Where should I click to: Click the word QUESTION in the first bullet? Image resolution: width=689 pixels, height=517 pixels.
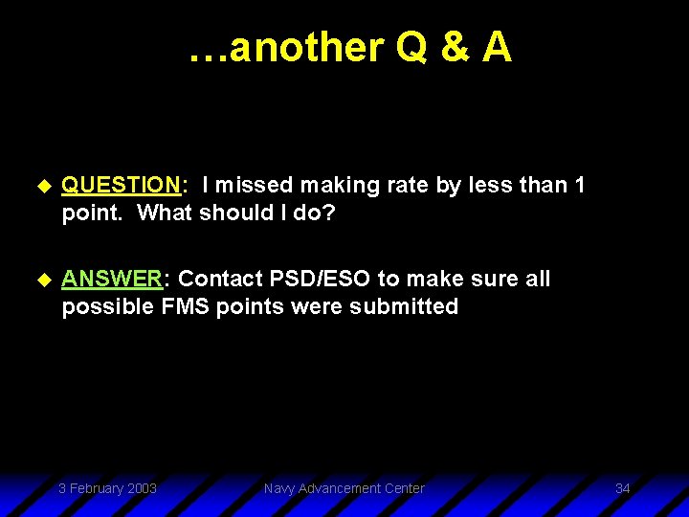pyautogui.click(x=121, y=186)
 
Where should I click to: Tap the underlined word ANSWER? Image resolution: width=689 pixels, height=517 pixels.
pyautogui.click(x=112, y=279)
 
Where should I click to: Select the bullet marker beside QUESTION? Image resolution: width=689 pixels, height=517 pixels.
pyautogui.click(x=40, y=186)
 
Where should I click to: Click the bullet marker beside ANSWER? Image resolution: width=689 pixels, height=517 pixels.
pyautogui.click(x=40, y=279)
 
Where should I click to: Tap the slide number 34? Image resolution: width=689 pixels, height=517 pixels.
pyautogui.click(x=622, y=488)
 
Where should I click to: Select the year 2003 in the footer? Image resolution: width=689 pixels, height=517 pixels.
pyautogui.click(x=141, y=488)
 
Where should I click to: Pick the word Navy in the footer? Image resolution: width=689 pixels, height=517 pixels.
pyautogui.click(x=279, y=488)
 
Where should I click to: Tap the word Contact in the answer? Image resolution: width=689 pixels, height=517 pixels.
pyautogui.click(x=218, y=279)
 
